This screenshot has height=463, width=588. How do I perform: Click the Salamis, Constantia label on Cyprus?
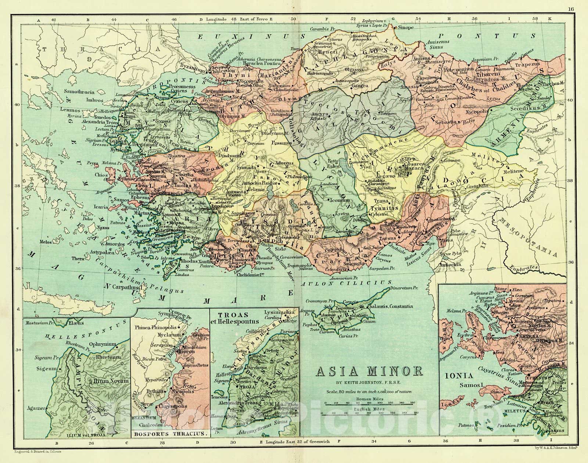click(392, 306)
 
